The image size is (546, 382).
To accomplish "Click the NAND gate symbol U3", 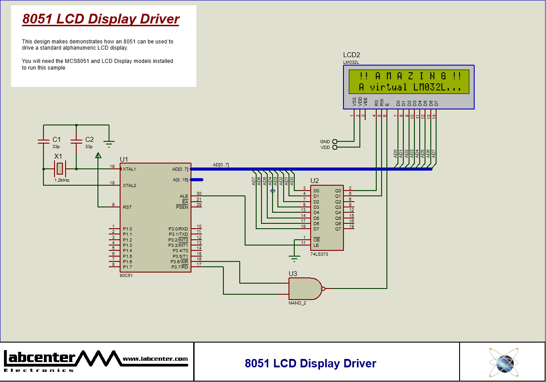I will click(x=305, y=289).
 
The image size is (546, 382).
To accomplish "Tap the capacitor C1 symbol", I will click(x=43, y=141).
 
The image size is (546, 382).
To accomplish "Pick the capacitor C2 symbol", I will click(x=76, y=141).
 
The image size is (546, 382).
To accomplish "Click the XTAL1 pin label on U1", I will click(x=129, y=169).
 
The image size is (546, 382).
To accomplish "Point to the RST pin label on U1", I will click(x=127, y=207).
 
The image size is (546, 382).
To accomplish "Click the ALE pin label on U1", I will click(x=183, y=196).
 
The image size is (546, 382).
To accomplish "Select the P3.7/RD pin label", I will click(x=179, y=267).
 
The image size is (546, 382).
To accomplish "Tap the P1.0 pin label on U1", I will click(x=127, y=229).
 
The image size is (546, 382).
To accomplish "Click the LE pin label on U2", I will click(x=316, y=245).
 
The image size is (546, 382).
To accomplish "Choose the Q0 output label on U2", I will click(x=338, y=191).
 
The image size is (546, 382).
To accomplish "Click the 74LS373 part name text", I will click(x=319, y=254).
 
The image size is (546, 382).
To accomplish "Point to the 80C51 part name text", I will click(x=126, y=275).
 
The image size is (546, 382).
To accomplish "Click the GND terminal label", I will click(x=325, y=142).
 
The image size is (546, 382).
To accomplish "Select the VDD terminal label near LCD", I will click(x=325, y=148).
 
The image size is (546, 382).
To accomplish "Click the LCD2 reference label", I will click(x=351, y=55).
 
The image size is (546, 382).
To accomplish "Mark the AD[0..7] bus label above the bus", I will click(x=221, y=165).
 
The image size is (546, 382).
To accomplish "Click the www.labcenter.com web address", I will click(x=155, y=359).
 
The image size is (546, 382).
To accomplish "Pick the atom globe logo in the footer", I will click(x=504, y=363).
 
